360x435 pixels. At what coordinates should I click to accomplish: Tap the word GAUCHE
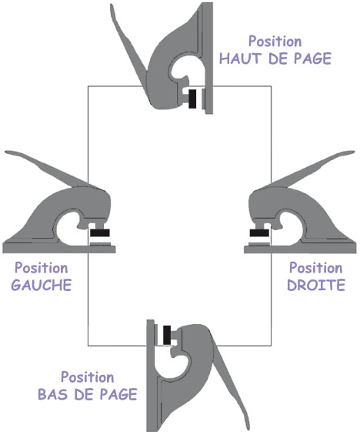[x=42, y=285]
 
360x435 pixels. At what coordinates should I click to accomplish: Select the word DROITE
[x=316, y=285]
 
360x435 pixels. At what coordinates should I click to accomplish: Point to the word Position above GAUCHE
[x=42, y=268]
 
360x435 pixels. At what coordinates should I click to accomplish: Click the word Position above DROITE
[x=316, y=268]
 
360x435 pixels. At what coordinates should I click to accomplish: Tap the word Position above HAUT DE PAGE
[x=275, y=41]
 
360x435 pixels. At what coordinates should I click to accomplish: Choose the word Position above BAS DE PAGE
[x=87, y=377]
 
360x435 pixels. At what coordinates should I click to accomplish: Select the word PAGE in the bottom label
[x=118, y=394]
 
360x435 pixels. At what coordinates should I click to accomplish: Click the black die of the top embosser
[x=192, y=99]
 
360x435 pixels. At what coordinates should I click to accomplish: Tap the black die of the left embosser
[x=100, y=233]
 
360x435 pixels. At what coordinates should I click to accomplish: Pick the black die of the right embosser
[x=259, y=233]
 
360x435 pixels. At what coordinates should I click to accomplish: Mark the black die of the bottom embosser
[x=167, y=335]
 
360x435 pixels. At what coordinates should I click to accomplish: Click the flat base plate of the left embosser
[x=58, y=249]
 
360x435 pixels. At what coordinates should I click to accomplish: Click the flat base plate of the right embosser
[x=300, y=249]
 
